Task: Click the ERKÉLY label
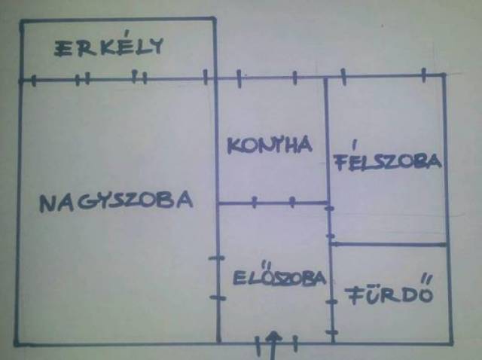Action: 109,47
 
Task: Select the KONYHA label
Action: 269,145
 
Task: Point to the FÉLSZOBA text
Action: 386,162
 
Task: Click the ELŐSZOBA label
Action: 279,278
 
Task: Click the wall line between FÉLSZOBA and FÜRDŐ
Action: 388,244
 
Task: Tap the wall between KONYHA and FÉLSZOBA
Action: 326,139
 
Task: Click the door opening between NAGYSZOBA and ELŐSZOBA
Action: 217,278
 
